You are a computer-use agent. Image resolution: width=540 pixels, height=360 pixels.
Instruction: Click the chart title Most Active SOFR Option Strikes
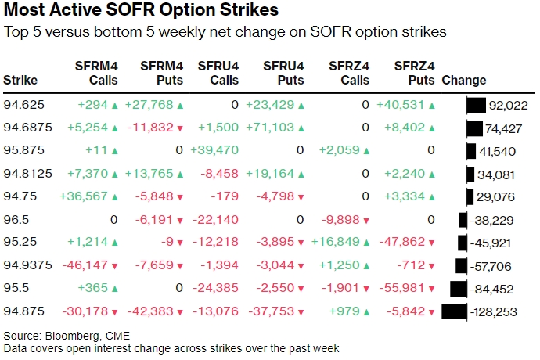click(x=141, y=12)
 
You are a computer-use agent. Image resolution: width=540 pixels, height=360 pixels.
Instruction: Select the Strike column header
click(x=20, y=80)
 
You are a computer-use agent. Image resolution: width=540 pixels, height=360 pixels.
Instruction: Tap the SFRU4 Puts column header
click(x=283, y=73)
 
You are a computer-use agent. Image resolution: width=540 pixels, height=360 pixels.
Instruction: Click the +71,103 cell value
click(x=270, y=128)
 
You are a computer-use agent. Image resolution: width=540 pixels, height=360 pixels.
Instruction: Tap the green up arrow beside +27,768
click(x=182, y=106)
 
